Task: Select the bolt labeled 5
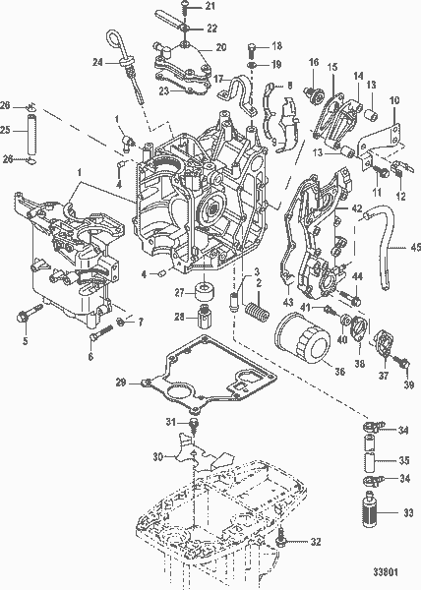[24, 318]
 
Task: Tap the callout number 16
[313, 63]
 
